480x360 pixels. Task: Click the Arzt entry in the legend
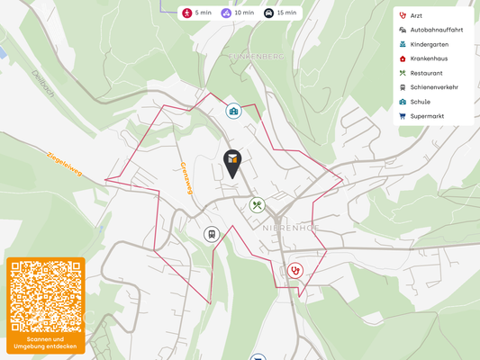(x=416, y=15)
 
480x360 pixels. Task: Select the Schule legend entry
(x=420, y=102)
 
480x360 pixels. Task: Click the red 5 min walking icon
(x=186, y=13)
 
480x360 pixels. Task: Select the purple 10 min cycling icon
(x=226, y=13)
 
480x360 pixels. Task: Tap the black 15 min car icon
(x=268, y=13)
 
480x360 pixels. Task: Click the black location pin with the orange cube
(x=232, y=161)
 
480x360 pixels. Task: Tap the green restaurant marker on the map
(x=258, y=205)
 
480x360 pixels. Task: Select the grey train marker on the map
(x=212, y=234)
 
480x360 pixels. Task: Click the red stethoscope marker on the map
(x=295, y=269)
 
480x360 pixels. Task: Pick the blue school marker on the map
(x=234, y=111)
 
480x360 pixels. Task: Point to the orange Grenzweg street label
(x=186, y=177)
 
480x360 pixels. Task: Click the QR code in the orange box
(x=46, y=297)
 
